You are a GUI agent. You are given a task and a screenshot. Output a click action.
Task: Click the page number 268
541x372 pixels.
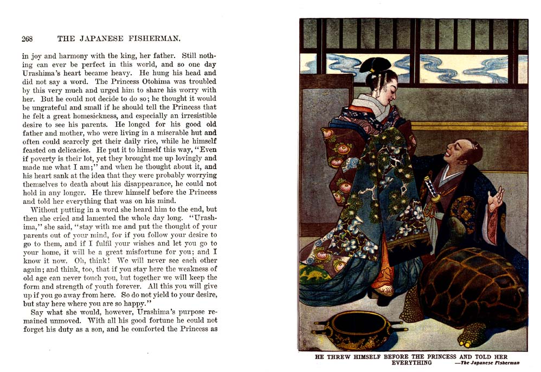point(27,39)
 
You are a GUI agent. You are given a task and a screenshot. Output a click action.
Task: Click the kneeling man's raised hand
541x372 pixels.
point(494,201)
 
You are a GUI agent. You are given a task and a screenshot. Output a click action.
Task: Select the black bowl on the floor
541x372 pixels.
point(358,329)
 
